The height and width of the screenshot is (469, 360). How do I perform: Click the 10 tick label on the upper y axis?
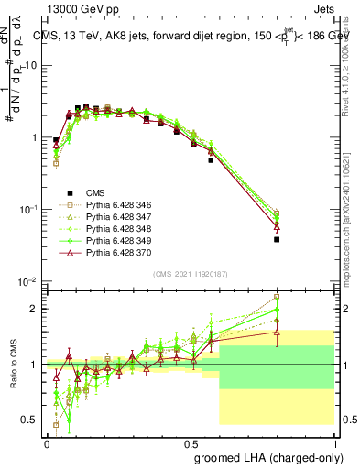[x=31, y=66]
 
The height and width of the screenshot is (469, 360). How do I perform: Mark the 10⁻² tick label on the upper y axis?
[x=27, y=281]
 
